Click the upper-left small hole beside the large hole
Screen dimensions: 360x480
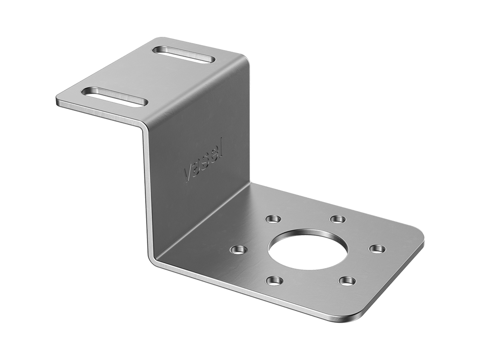point(272,219)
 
